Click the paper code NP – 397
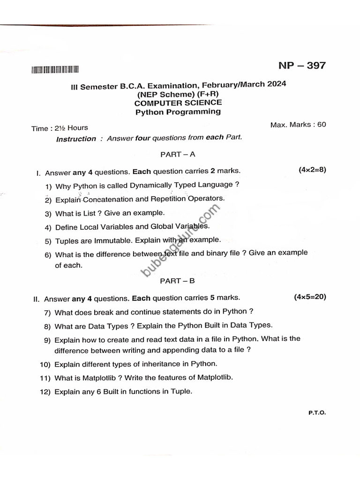pos(301,65)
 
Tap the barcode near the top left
pos(55,70)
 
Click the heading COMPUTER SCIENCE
pos(178,103)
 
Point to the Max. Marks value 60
pos(321,124)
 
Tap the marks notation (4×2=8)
pos(312,170)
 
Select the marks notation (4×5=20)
pos(310,297)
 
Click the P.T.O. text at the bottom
pos(317,413)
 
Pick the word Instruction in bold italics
pos(76,139)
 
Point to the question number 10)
pos(45,364)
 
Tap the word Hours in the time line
pos(77,127)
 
